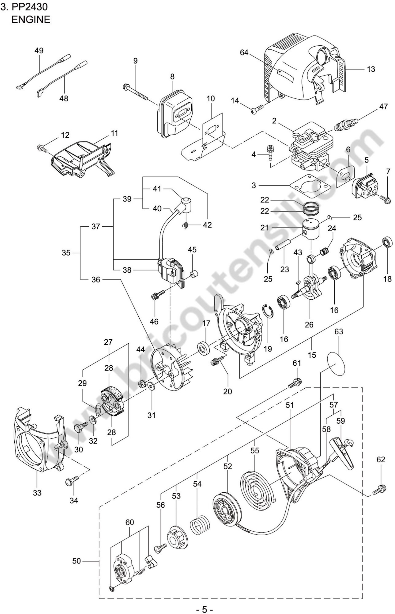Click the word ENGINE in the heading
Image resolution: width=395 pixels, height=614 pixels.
[x=31, y=20]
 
